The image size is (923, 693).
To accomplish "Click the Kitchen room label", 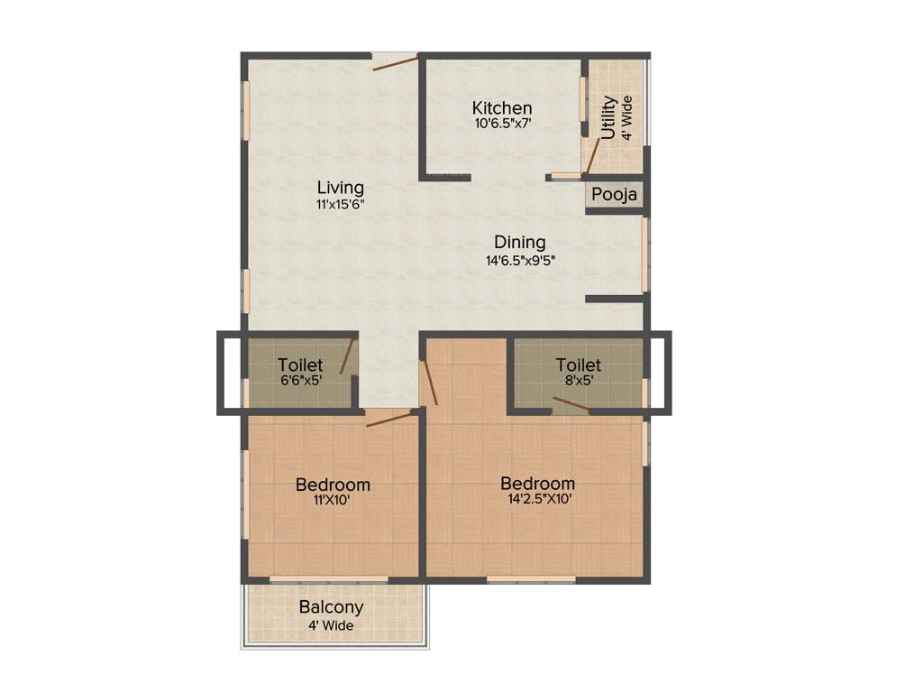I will (x=502, y=108).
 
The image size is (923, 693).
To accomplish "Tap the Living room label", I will (x=340, y=188).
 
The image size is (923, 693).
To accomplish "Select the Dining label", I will (x=519, y=242).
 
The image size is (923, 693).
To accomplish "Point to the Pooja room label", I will (x=615, y=195).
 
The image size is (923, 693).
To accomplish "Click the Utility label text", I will (x=608, y=117).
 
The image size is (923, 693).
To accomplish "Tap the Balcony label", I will (x=331, y=607).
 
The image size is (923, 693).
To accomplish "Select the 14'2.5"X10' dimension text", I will (x=538, y=498).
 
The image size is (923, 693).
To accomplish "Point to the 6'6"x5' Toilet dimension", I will (x=300, y=381).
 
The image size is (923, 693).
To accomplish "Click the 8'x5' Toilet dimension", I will (x=578, y=381).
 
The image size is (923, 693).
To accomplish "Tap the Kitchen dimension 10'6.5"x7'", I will (x=506, y=124).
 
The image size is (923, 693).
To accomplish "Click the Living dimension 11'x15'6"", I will (x=340, y=204).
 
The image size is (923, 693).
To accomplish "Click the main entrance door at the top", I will (x=395, y=61).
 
